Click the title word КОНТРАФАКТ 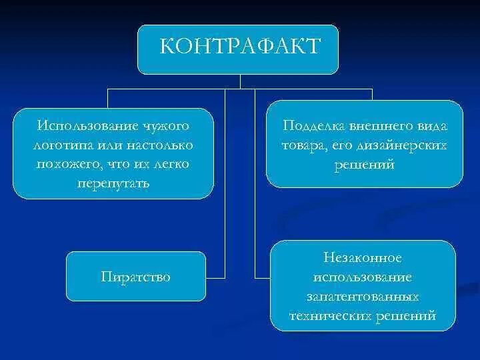click(241, 47)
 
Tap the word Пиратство click(135, 276)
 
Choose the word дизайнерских click(403, 145)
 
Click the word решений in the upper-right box click(364, 164)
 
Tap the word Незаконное click(363, 257)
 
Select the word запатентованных click(363, 295)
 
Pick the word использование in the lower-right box click(363, 276)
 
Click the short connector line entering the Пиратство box click(215, 276)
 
